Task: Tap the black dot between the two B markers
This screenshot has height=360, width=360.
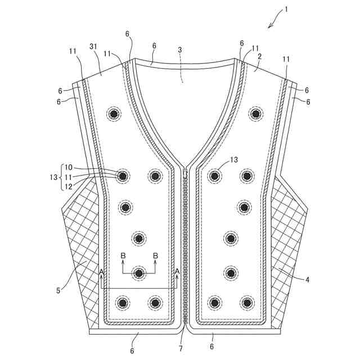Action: (x=139, y=273)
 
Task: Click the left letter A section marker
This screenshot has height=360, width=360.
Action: (x=101, y=272)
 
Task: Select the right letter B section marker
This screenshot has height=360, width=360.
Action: (x=156, y=256)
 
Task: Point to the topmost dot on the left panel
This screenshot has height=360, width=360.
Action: (x=115, y=114)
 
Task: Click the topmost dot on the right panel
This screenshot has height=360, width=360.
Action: (x=257, y=114)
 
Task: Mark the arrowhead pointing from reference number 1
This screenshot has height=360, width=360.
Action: (x=271, y=26)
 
